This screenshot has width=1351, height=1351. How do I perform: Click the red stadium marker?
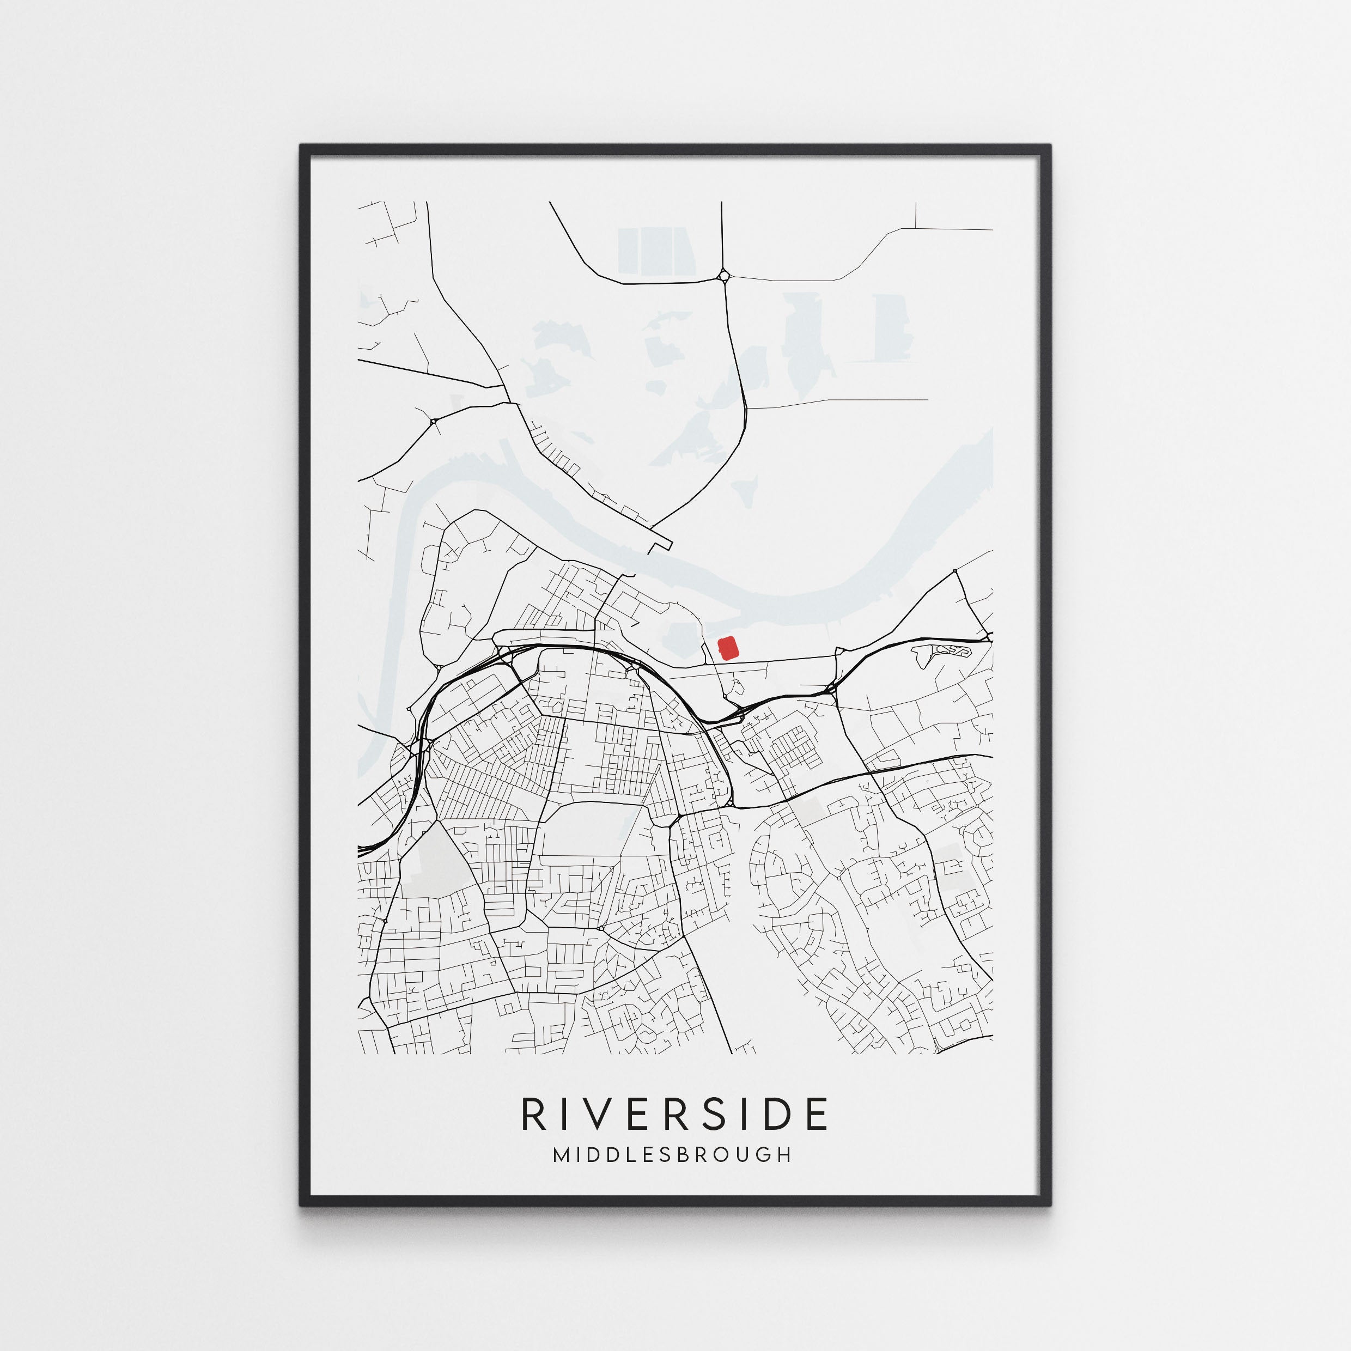pos(728,648)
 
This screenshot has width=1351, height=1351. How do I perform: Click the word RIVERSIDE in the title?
pos(675,1114)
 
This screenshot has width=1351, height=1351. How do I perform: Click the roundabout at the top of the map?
pos(723,277)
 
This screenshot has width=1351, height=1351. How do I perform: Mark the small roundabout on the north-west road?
pos(433,421)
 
